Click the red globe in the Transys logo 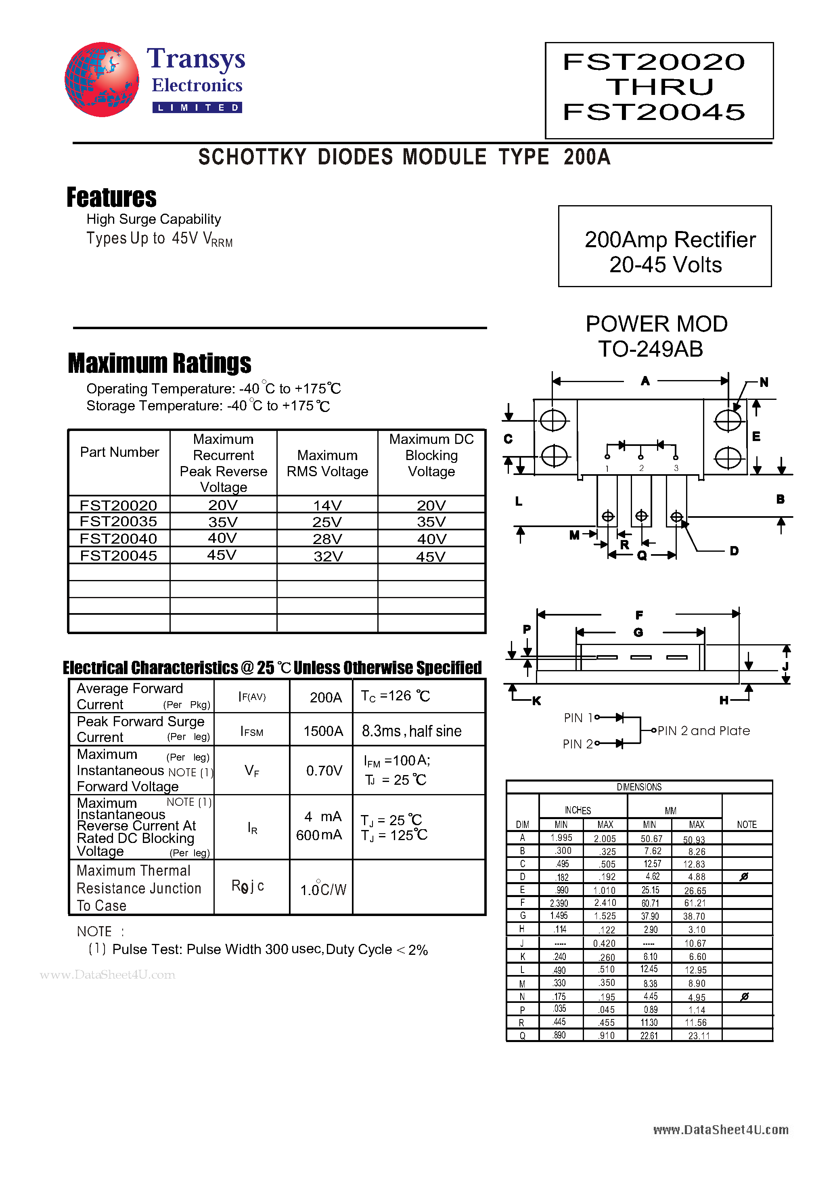(101, 79)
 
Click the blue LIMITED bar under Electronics (197, 107)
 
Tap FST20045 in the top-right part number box (653, 112)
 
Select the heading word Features (111, 198)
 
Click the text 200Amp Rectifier (670, 240)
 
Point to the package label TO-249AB (651, 349)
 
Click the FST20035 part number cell (118, 522)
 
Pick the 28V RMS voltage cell (328, 539)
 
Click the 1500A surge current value (323, 731)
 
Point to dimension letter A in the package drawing (645, 381)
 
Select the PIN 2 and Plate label (703, 731)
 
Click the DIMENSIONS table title (639, 787)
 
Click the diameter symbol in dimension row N (744, 997)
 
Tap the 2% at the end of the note (418, 950)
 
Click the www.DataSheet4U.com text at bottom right (720, 1130)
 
